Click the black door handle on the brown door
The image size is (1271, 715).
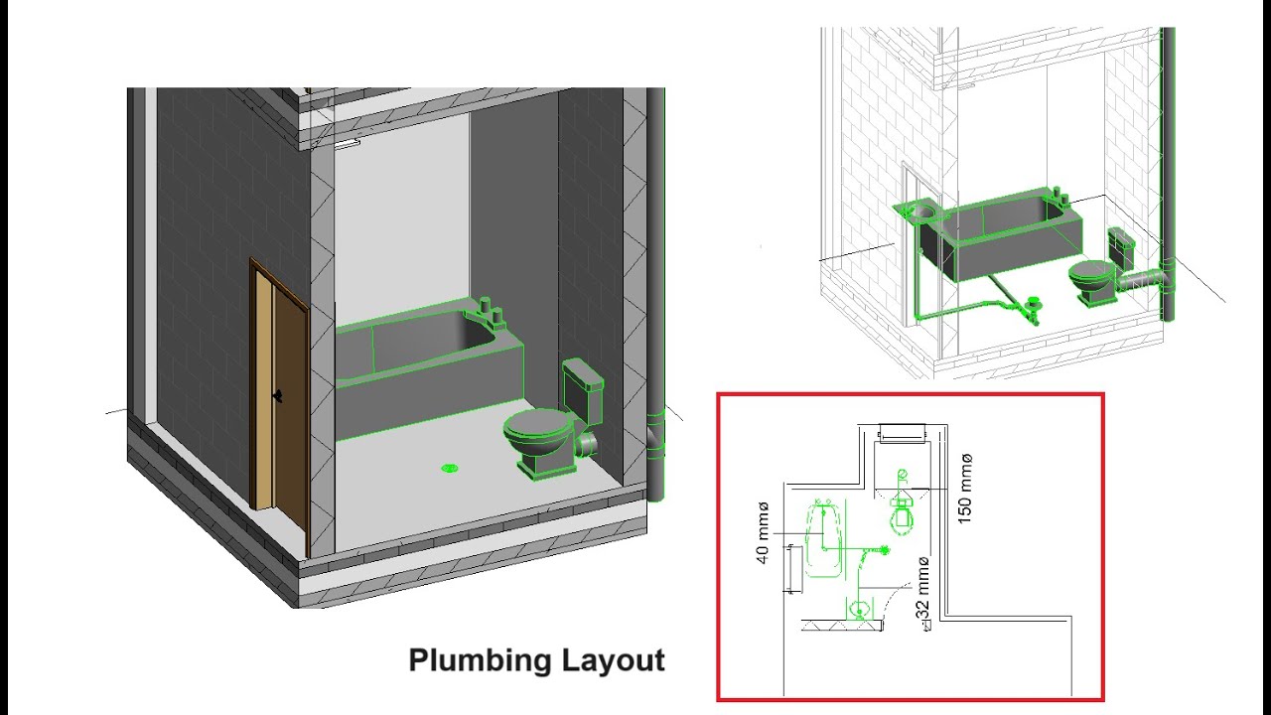(279, 395)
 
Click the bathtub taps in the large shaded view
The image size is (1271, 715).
(492, 312)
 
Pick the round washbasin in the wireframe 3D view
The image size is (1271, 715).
(922, 211)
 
